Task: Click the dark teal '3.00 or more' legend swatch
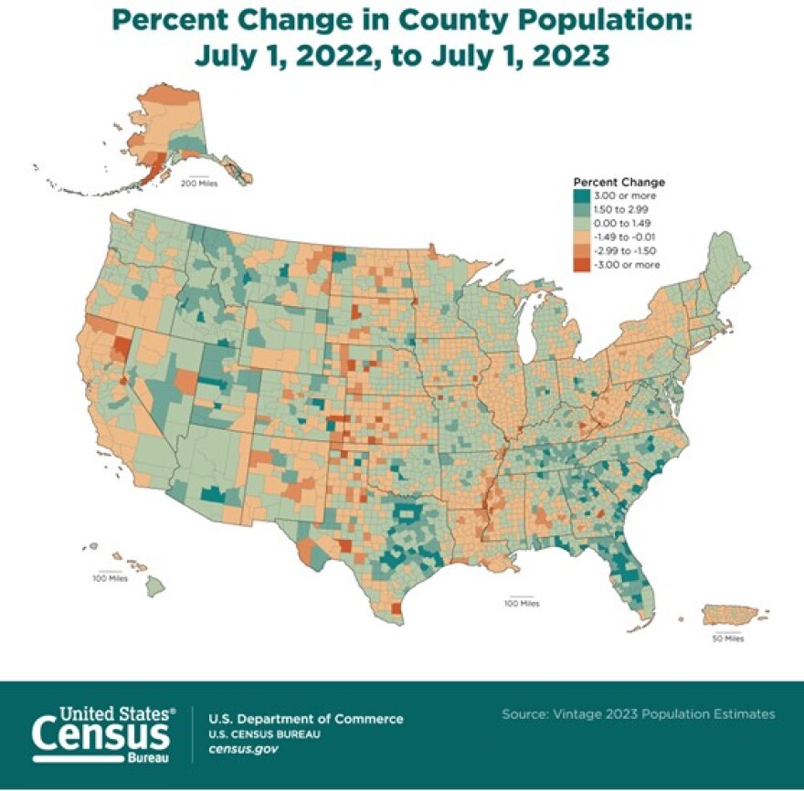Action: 579,195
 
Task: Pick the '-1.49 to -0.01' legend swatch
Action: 579,237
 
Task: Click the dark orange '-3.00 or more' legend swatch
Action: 579,264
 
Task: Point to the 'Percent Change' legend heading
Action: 619,182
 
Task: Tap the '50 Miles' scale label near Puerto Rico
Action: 727,638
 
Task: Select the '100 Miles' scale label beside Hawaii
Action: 111,578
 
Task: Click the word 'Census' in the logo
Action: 100,733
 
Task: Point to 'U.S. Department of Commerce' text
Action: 306,720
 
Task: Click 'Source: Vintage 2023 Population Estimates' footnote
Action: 639,713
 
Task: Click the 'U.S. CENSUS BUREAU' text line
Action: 265,734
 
